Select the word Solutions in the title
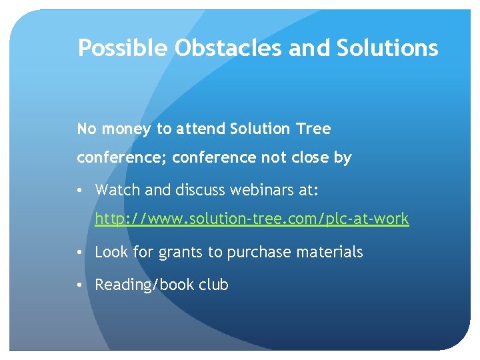[x=387, y=48]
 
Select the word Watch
[x=118, y=190]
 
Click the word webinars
[x=256, y=190]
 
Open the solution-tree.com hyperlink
[x=251, y=219]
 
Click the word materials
[x=331, y=252]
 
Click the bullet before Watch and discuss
[x=80, y=190]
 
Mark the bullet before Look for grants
[x=80, y=252]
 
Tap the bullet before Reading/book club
[x=80, y=285]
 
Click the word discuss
[x=199, y=190]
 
